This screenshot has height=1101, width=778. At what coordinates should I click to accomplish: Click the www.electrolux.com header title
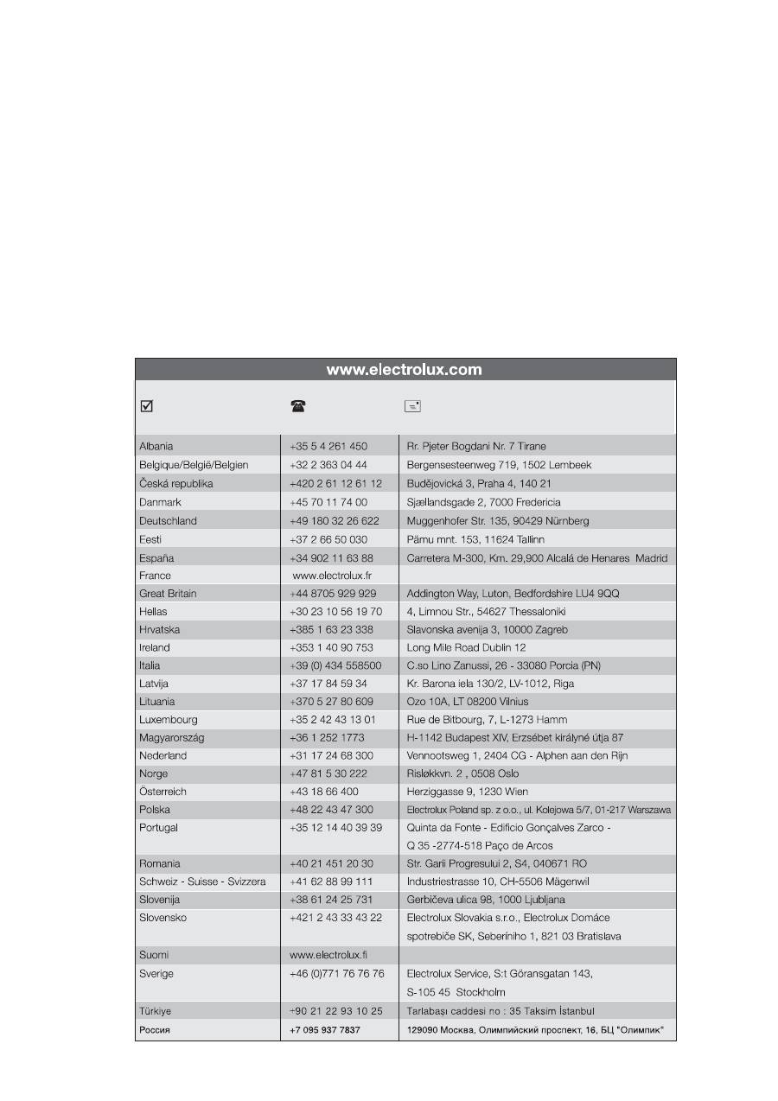pyautogui.click(x=404, y=370)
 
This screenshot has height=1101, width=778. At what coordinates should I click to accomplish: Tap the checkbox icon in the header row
pyautogui.click(x=146, y=405)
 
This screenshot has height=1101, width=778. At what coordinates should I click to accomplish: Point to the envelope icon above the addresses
pyautogui.click(x=412, y=405)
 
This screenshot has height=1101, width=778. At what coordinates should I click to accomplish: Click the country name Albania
pyautogui.click(x=156, y=447)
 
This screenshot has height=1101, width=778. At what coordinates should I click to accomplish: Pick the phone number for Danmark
pyautogui.click(x=328, y=502)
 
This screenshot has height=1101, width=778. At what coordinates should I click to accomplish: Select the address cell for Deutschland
pyautogui.click(x=498, y=521)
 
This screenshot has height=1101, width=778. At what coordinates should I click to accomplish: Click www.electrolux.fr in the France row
pyautogui.click(x=332, y=576)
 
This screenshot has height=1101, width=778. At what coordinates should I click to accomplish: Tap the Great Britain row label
pyautogui.click(x=168, y=594)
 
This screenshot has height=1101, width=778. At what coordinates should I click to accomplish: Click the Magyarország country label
pyautogui.click(x=172, y=738)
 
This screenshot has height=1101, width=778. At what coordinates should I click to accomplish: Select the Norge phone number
pyautogui.click(x=328, y=773)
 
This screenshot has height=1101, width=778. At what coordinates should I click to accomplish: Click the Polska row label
pyautogui.click(x=155, y=810)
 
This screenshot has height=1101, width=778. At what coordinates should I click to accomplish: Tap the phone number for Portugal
pyautogui.click(x=335, y=828)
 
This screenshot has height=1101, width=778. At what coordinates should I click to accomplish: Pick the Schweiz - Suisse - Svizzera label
pyautogui.click(x=202, y=881)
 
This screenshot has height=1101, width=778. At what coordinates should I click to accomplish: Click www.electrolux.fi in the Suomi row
pyautogui.click(x=329, y=955)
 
